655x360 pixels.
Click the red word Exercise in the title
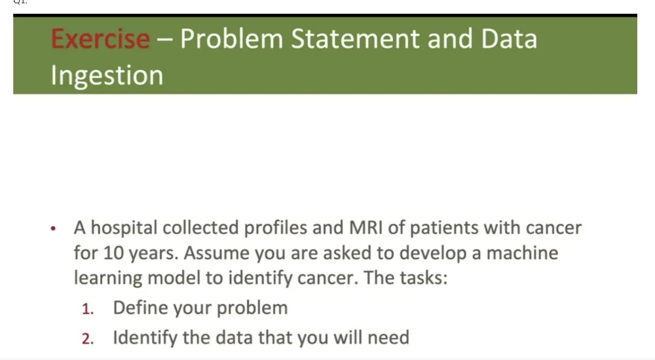tap(100, 39)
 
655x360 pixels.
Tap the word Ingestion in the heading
tap(107, 75)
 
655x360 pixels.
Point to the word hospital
tap(123, 228)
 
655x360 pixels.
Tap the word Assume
tap(211, 253)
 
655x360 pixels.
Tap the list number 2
tap(87, 338)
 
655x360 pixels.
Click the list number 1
tap(87, 308)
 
